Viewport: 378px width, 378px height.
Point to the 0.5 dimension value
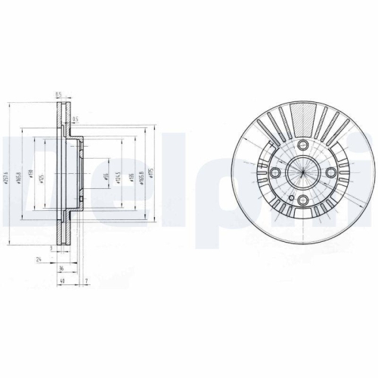click(74, 117)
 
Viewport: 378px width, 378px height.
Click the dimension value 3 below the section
click(51, 248)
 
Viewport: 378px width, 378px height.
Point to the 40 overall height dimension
click(62, 281)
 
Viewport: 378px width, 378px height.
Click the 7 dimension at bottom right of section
click(88, 281)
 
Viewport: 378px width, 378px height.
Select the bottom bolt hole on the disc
click(302, 201)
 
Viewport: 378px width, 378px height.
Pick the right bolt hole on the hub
click(330, 173)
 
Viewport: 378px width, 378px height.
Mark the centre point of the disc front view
click(302, 173)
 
